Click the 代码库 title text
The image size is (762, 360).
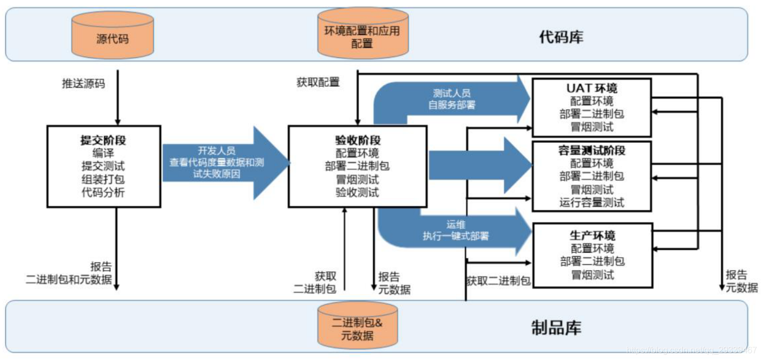(561, 37)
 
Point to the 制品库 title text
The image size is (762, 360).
(556, 327)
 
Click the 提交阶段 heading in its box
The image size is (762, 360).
(103, 140)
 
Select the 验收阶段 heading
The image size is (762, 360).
(357, 140)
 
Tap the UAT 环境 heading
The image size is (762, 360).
(591, 88)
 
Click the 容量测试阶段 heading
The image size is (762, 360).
(591, 150)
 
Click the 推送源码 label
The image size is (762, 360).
(83, 83)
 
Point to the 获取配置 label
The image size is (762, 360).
(318, 82)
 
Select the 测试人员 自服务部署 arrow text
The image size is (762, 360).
(452, 99)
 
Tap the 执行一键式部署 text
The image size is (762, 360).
(456, 236)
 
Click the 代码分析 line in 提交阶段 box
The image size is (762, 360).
(103, 193)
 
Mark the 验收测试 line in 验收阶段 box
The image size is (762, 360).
(357, 193)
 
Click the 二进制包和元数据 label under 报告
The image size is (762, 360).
(69, 279)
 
